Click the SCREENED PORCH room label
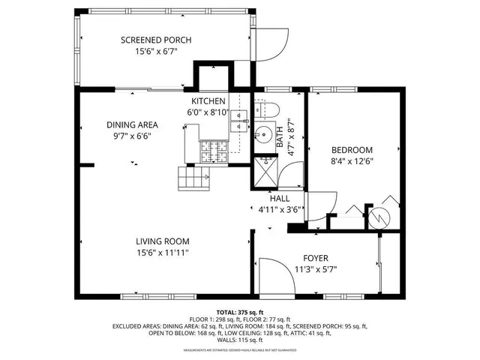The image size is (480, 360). [157, 40]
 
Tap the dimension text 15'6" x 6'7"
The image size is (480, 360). [157, 52]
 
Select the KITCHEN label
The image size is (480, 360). [208, 101]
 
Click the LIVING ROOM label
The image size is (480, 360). [162, 241]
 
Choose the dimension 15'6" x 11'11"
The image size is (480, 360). [162, 253]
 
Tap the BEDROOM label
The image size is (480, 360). [352, 150]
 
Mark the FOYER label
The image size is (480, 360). [316, 259]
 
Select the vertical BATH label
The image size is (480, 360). [280, 136]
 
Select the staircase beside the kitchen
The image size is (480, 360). [193, 178]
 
